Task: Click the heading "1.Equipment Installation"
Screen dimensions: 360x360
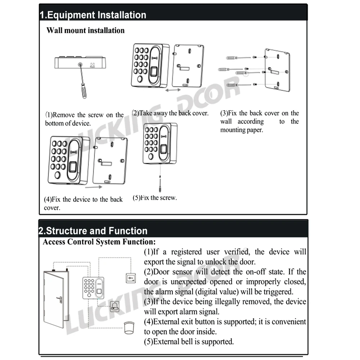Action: (x=93, y=15)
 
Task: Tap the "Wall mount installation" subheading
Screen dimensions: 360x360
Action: (x=85, y=31)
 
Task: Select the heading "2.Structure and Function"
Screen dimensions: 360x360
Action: (x=94, y=231)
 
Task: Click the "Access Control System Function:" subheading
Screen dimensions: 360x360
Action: (x=99, y=242)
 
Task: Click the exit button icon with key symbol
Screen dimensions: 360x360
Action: (x=130, y=278)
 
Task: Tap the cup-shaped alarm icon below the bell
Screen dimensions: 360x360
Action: (x=128, y=327)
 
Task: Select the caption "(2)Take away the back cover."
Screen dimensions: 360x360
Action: (x=170, y=113)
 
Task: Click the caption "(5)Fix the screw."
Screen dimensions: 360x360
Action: (x=155, y=198)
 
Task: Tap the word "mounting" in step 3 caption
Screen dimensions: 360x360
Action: (x=233, y=130)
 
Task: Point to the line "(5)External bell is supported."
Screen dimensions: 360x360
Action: (x=189, y=341)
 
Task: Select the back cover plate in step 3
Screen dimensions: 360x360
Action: (x=277, y=70)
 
